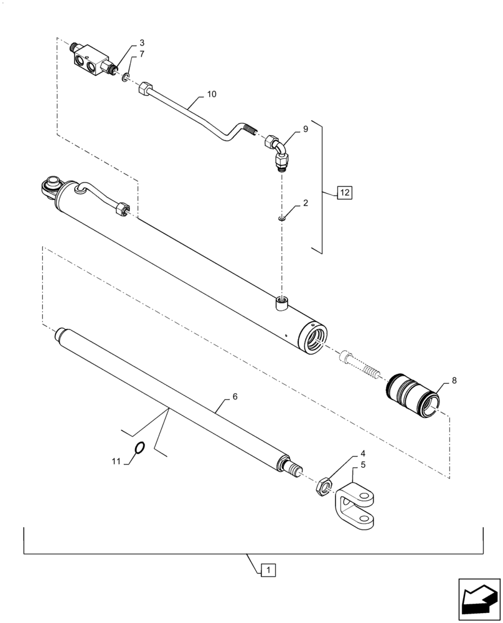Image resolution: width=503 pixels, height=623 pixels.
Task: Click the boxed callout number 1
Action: (266, 569)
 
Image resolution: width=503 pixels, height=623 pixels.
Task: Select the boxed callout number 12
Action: (345, 193)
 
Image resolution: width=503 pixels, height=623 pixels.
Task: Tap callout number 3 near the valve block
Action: (142, 43)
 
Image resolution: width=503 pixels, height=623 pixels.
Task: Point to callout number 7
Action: (142, 55)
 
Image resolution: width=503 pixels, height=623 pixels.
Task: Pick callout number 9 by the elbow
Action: (305, 129)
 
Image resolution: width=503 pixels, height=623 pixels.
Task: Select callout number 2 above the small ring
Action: (304, 203)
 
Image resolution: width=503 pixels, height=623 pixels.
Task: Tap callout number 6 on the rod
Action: (235, 396)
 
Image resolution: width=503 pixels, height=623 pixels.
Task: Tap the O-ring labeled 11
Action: (140, 448)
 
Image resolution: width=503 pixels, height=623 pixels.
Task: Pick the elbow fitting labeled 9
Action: (278, 152)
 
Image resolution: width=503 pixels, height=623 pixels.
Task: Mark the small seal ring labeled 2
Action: (282, 218)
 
